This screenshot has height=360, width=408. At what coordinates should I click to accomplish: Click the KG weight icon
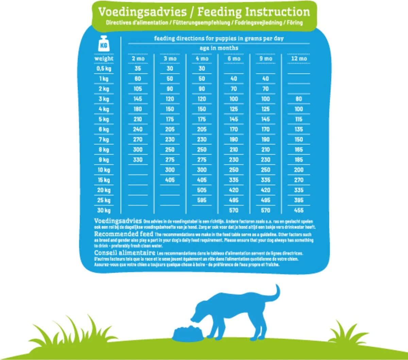click(104, 44)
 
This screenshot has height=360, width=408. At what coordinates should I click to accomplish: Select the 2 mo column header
click(138, 58)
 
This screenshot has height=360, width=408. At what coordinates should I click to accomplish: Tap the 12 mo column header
click(299, 58)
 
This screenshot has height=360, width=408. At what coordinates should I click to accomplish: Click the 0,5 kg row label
click(104, 69)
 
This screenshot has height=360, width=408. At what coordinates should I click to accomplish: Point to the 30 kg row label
click(104, 210)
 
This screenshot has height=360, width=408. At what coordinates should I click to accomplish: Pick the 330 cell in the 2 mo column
click(138, 160)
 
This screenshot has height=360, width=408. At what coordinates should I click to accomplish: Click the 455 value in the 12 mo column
click(299, 210)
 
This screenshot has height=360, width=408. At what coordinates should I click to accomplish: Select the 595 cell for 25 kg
click(202, 200)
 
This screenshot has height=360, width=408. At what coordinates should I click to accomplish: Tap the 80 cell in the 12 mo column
click(299, 99)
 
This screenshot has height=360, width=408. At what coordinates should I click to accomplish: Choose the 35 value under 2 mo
click(138, 69)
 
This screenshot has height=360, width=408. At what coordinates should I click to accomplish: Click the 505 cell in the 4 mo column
click(202, 190)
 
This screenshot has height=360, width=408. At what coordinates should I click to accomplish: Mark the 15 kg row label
click(104, 180)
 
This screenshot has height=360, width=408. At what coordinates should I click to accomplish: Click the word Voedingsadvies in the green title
click(142, 12)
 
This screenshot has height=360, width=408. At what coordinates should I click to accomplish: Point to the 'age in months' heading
click(219, 48)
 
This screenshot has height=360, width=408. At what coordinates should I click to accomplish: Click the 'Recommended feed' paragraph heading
click(123, 234)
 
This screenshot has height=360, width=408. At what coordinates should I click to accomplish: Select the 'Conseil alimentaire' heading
click(124, 253)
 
